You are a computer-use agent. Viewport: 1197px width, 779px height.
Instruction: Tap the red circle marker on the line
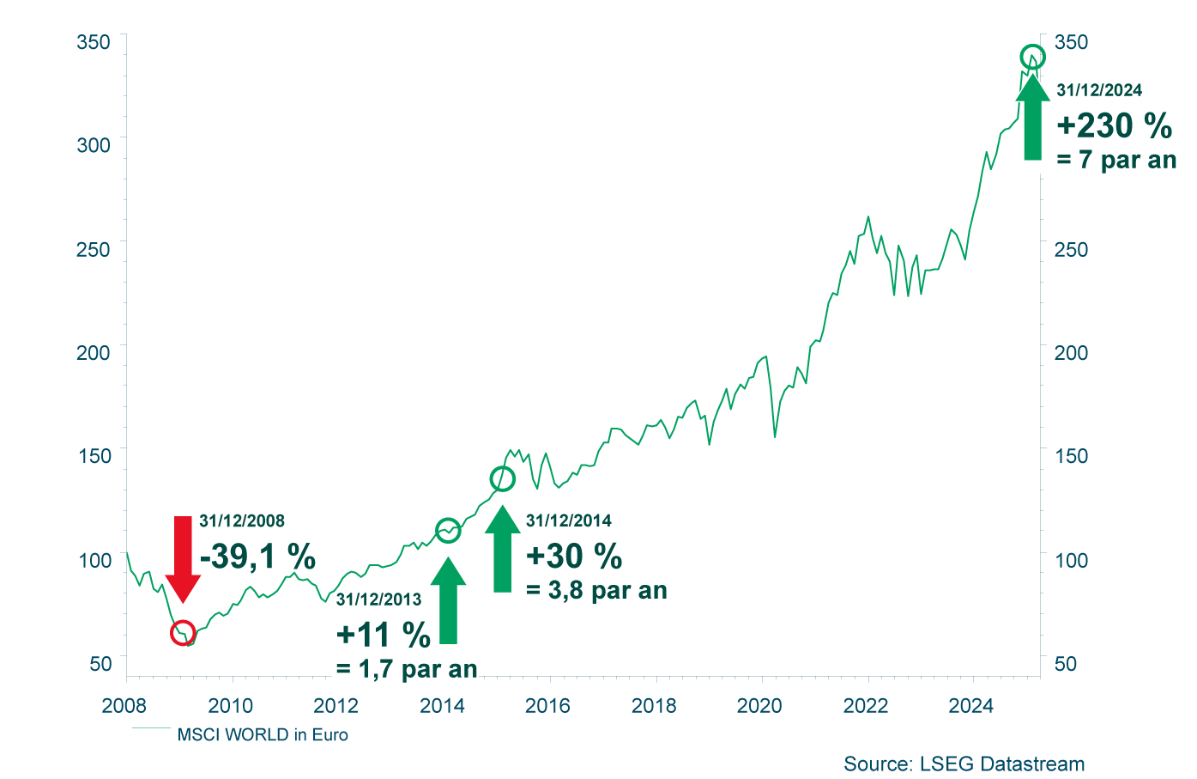coord(183,633)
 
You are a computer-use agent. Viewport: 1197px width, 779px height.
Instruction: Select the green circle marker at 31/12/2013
coord(448,531)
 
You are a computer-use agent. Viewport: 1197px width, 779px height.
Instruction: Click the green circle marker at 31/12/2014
coord(502,478)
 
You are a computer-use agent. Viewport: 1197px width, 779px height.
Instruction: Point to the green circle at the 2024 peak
coord(1032,58)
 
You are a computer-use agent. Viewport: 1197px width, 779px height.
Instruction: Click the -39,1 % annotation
coord(257,557)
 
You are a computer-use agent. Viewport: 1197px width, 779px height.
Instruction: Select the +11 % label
coord(384,636)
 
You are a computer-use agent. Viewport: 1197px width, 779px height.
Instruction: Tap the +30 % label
coord(574,557)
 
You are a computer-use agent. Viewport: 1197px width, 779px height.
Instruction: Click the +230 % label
coord(1114,126)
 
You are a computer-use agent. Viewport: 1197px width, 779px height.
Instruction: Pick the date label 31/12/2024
coord(1099,90)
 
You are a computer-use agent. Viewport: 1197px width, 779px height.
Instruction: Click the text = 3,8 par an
coord(596,591)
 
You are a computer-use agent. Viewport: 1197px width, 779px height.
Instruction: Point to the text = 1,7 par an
coord(407,668)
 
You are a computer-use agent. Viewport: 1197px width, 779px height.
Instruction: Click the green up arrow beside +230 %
coord(1032,116)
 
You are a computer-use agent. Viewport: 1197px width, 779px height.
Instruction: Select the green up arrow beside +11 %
coord(448,601)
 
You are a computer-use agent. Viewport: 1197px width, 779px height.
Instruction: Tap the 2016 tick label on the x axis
coord(547,706)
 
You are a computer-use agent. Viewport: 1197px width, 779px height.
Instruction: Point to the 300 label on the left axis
coord(94,145)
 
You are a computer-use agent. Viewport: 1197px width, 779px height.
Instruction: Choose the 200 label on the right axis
coord(1071,353)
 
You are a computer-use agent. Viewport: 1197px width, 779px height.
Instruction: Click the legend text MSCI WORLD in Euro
coord(263,735)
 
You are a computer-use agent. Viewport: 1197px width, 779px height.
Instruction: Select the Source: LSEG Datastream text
coord(964,764)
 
